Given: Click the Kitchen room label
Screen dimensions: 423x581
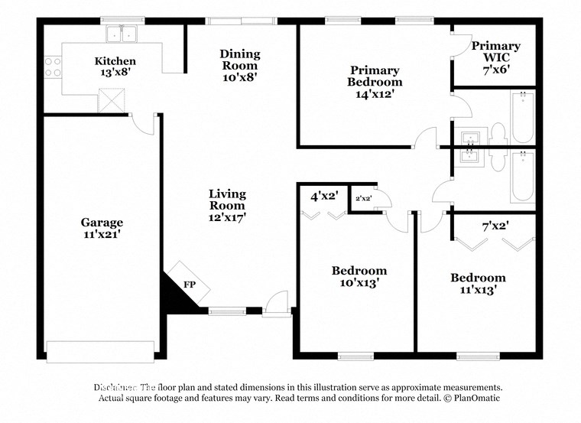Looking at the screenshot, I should pos(115,61).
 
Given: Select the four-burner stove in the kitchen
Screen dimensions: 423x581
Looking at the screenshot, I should pos(53,67).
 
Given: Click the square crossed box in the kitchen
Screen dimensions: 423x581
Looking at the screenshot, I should pos(112,99).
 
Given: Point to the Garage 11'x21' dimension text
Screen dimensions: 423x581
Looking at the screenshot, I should pos(102,235).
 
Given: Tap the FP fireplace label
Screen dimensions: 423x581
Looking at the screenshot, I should pos(189,284).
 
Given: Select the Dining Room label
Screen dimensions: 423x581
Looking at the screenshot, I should pos(240,54).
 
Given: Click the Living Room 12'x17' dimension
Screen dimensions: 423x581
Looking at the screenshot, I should pos(227,217).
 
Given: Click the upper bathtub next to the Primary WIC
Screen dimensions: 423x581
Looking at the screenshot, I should pos(522,116).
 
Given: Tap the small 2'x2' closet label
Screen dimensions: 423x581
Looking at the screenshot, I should pos(363,199).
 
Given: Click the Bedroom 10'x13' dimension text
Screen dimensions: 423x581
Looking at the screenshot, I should pos(359,282).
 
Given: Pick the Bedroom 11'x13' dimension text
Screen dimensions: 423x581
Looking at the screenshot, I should pos(478,290).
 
